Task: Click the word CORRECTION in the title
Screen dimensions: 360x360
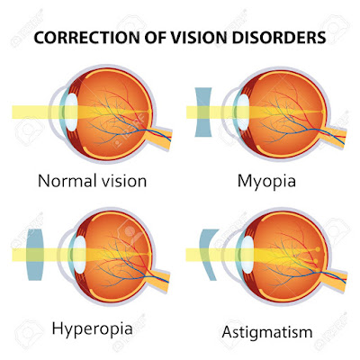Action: click(85, 38)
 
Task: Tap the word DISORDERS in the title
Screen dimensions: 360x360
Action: click(278, 38)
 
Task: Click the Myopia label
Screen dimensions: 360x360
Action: click(266, 182)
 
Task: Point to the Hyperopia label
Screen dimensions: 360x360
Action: click(92, 328)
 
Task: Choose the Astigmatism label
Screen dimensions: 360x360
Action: click(267, 332)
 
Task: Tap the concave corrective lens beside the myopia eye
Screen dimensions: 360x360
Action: click(203, 112)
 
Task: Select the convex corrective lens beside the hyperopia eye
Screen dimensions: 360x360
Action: click(35, 255)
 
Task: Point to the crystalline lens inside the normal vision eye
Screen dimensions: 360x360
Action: click(72, 112)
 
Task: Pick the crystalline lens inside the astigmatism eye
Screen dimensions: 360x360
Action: click(247, 255)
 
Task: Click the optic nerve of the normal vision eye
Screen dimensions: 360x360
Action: click(160, 136)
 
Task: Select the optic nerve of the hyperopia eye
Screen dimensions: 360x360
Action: click(158, 278)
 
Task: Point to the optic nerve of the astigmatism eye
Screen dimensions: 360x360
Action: click(334, 277)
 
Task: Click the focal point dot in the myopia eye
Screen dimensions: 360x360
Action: click(323, 112)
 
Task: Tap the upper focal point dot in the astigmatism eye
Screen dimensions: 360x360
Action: click(318, 249)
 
